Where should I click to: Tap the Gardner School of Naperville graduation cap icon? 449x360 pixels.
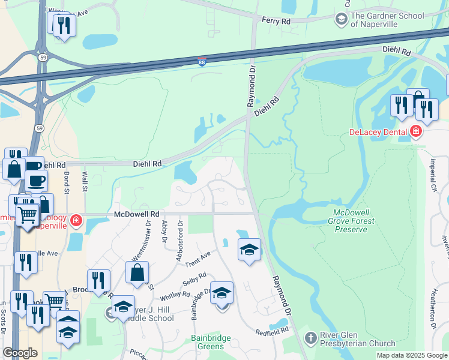(x=341, y=20)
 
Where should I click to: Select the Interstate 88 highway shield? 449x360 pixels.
(x=202, y=62)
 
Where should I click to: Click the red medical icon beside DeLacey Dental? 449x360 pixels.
(x=416, y=131)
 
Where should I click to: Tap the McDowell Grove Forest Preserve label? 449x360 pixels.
(x=354, y=221)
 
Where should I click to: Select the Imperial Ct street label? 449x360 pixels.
(x=433, y=175)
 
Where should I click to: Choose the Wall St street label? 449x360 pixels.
(x=85, y=182)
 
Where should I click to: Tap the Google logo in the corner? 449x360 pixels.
(x=20, y=353)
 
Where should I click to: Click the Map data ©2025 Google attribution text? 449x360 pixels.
(x=412, y=355)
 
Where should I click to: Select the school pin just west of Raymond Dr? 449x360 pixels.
(x=249, y=249)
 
